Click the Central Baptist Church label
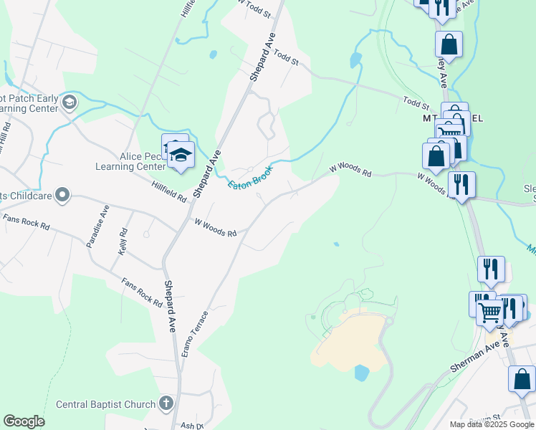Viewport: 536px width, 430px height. coord(106,403)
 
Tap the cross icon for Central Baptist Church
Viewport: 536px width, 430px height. coord(166,403)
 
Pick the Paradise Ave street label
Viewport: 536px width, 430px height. coord(97,226)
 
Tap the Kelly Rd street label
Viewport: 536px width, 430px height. coord(123,242)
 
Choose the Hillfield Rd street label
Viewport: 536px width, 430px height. coord(169,189)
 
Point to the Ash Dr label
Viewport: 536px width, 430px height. coord(188,425)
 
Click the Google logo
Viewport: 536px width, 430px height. coord(24,421)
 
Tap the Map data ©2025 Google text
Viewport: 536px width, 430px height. coord(492,424)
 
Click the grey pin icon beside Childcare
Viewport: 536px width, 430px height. coord(62,194)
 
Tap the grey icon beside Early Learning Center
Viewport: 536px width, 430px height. coord(70,102)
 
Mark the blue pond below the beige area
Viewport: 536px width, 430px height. coord(361,373)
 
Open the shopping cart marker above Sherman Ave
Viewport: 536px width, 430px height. coord(491,311)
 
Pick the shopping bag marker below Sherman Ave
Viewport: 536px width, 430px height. coord(522,378)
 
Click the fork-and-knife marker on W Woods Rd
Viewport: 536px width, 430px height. coord(461,183)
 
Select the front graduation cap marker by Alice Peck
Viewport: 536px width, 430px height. coord(181,155)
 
